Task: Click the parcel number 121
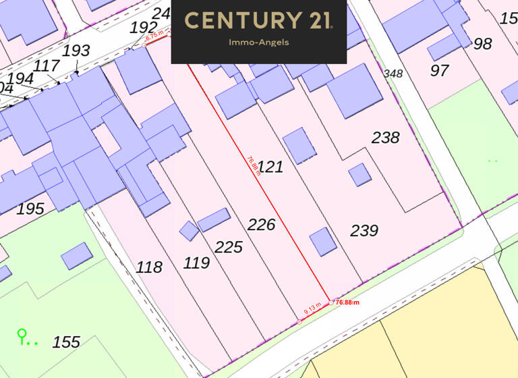pos(270,167)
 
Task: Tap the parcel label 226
pos(261,224)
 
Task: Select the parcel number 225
pos(229,247)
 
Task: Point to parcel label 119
pos(196,263)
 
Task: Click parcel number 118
pos(149,267)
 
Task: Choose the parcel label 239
pos(364,230)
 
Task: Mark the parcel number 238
pos(386,138)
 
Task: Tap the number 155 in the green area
pos(66,342)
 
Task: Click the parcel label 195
pos(30,209)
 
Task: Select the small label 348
pos(393,73)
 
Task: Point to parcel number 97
pos(439,70)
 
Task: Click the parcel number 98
pos(482,44)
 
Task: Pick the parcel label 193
pos(76,51)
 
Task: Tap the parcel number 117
pos(47,66)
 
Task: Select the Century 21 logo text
pos(258,20)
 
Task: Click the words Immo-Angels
pos(258,43)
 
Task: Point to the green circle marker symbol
pos(22,333)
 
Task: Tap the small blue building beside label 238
pos(359,175)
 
